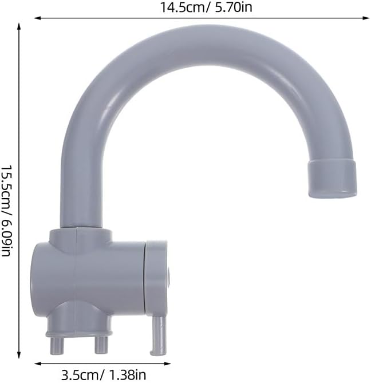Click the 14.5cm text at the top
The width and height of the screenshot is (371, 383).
[x=183, y=7]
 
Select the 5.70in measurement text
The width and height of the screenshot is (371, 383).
[x=233, y=7]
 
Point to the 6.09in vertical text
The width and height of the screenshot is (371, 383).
[x=7, y=237]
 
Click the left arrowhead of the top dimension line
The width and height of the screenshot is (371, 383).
[x=37, y=18]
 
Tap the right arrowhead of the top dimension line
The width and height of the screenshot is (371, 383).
[x=366, y=18]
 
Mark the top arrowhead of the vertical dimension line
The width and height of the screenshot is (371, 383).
[x=18, y=26]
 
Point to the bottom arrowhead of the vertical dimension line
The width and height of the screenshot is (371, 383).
[x=18, y=355]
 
